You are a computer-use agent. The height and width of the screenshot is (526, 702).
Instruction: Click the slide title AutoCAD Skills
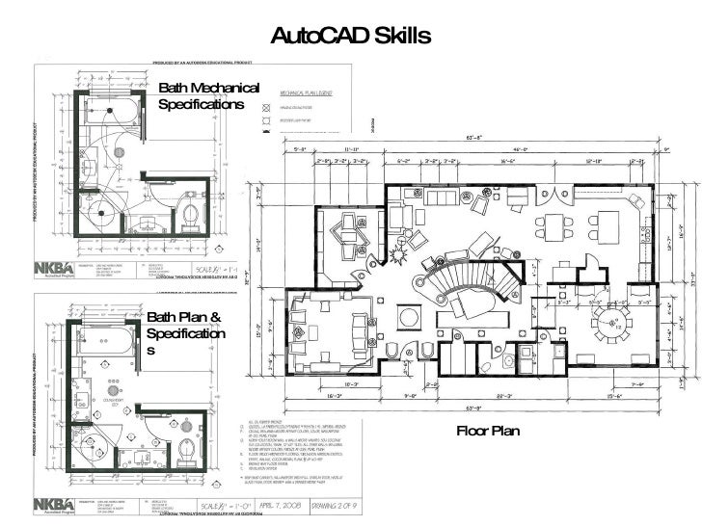click(351, 37)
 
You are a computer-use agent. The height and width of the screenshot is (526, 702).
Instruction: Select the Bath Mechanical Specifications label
click(209, 96)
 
